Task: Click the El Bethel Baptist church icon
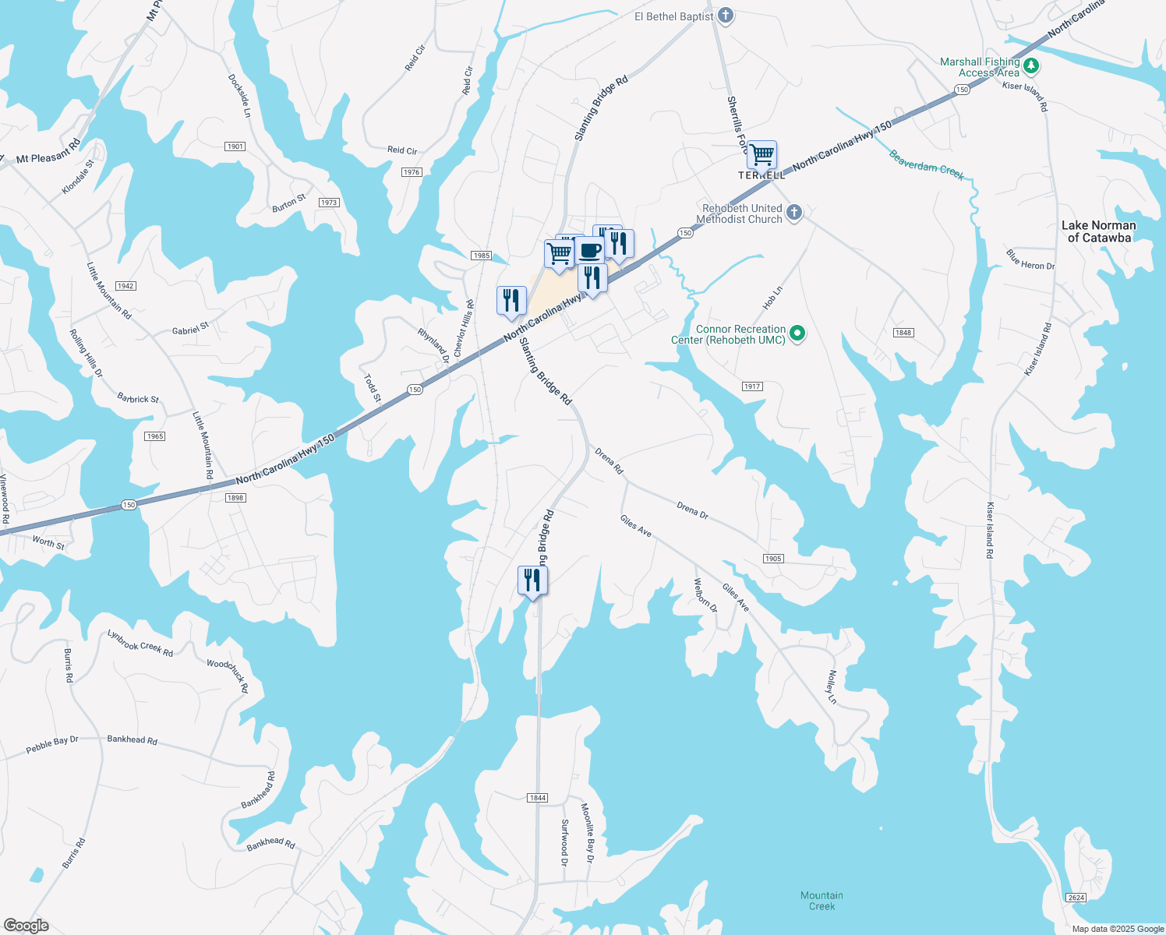coord(726,16)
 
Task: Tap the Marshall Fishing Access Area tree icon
coord(1031,65)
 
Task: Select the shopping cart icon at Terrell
coord(761,155)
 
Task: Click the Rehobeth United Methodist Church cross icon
coord(793,213)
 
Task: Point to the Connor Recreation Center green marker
coord(797,334)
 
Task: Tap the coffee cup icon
coord(590,251)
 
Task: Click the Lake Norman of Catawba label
coord(1098,231)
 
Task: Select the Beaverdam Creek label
coord(927,165)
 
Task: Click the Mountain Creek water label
coord(821,901)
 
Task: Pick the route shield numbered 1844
coord(537,798)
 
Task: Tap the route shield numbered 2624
coord(1076,898)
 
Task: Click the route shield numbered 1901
coord(235,146)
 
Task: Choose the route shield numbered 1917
coord(751,386)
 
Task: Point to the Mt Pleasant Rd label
coord(48,152)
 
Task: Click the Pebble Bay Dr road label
coord(52,745)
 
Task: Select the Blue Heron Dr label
coord(1030,260)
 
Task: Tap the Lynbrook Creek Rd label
coord(140,644)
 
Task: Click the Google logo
coord(26,926)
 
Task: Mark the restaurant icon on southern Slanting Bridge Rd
coord(532,580)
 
